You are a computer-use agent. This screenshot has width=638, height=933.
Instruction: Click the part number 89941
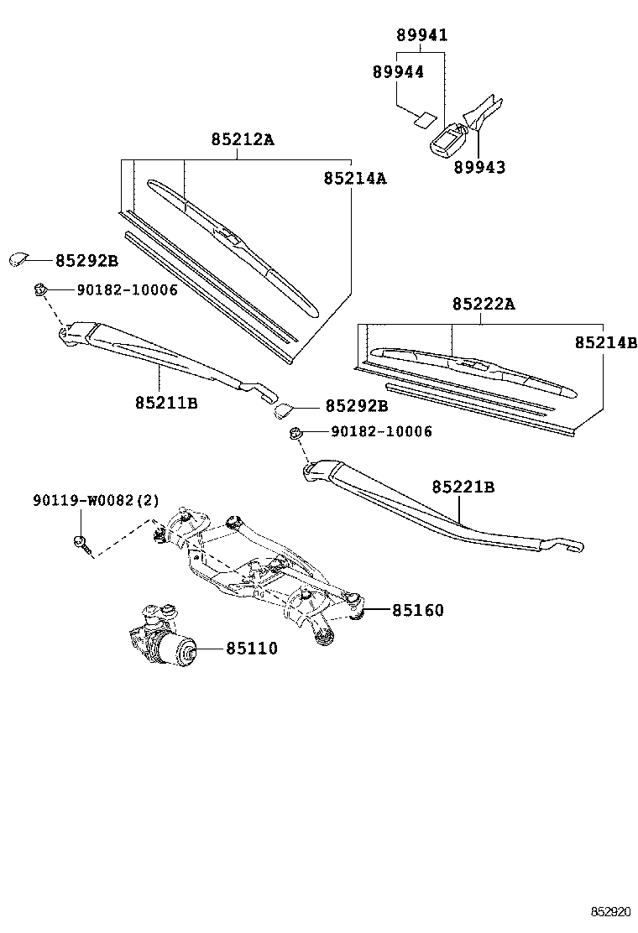[x=421, y=35]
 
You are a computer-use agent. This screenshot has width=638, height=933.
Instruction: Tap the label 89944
[x=398, y=72]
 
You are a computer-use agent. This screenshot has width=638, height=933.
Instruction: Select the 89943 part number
[x=479, y=167]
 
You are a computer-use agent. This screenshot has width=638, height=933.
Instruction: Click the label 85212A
[x=242, y=139]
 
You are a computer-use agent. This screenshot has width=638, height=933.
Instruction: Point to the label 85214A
[x=355, y=179]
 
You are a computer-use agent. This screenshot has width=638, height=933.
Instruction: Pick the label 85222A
[x=483, y=304]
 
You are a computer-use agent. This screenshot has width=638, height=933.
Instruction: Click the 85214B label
[x=606, y=343]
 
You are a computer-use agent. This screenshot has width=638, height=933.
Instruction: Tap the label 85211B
[x=166, y=403]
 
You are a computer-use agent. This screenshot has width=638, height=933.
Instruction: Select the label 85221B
[x=463, y=487]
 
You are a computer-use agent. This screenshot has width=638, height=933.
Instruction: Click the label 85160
[x=417, y=610]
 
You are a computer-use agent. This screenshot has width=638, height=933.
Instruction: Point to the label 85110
[x=250, y=649]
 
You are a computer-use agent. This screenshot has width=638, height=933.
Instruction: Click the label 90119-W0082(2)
[x=96, y=501]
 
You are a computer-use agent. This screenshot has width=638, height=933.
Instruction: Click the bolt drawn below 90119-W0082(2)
[x=80, y=542]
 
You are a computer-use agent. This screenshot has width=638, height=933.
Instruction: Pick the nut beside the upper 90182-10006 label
[x=39, y=289]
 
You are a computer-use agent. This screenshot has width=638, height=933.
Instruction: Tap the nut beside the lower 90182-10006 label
[x=295, y=433]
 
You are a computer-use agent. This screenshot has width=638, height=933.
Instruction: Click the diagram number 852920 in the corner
[x=609, y=911]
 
